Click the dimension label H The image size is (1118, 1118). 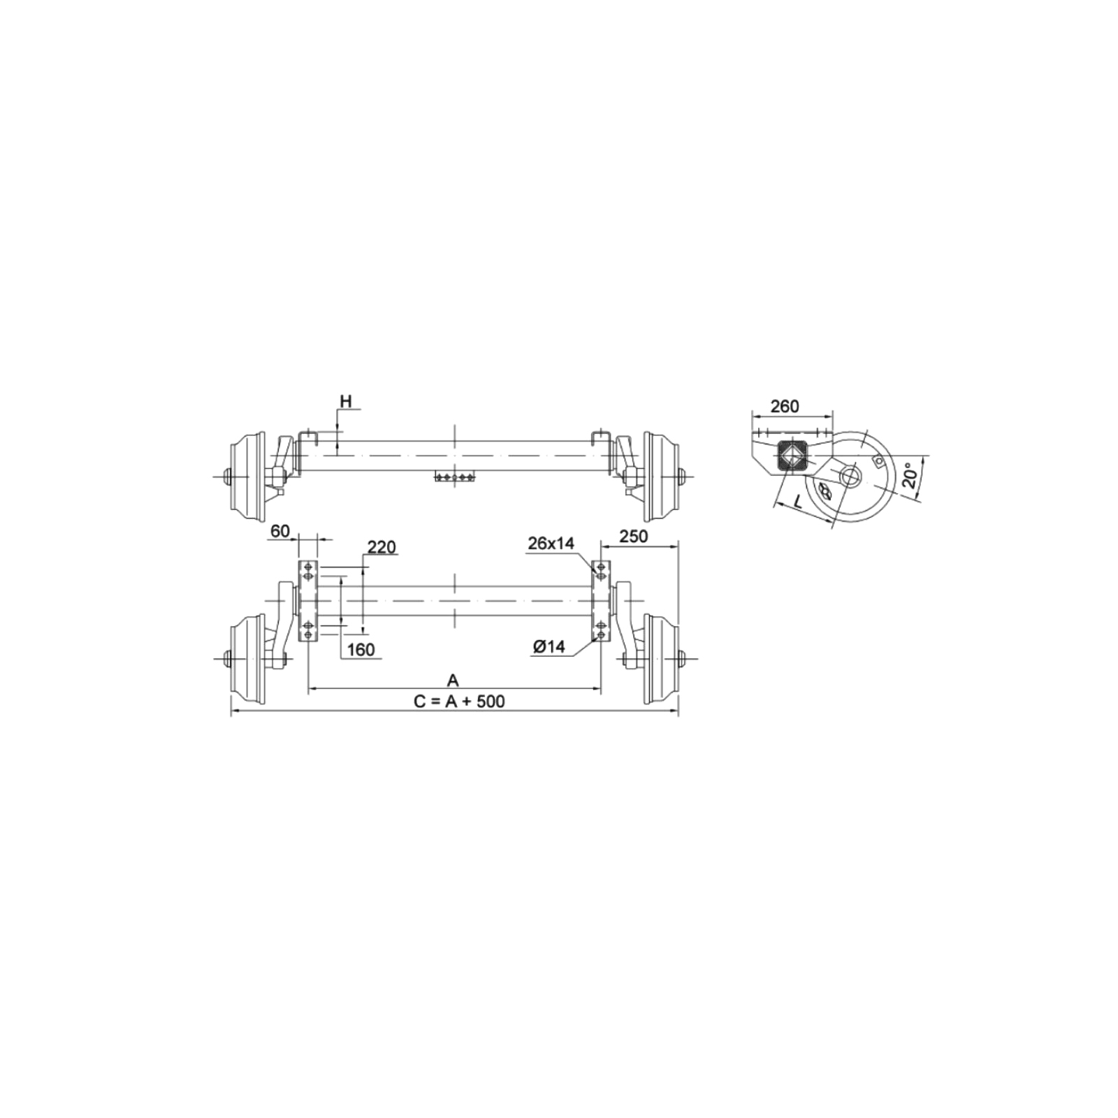(346, 401)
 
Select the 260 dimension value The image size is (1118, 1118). (784, 406)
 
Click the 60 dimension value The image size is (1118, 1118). (280, 531)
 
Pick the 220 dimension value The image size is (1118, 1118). (382, 546)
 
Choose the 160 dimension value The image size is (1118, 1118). (361, 650)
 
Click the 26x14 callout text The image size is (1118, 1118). (551, 543)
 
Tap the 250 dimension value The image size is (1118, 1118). (634, 536)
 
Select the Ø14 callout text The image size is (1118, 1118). (549, 647)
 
